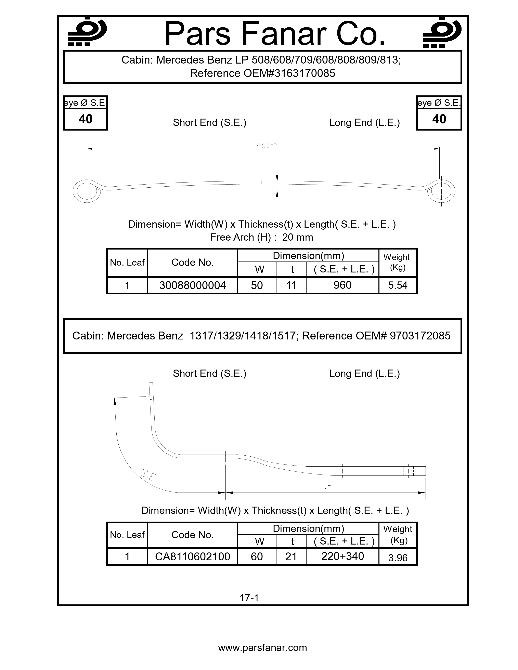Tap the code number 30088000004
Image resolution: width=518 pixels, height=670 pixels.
[x=192, y=285]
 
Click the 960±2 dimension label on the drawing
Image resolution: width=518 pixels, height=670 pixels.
[x=266, y=145]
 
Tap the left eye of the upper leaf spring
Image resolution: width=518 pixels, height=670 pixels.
[x=87, y=191]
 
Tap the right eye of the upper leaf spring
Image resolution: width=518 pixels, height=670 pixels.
[x=441, y=191]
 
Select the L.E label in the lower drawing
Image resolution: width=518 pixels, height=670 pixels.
[x=325, y=486]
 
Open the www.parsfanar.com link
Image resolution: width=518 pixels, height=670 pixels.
[x=262, y=648]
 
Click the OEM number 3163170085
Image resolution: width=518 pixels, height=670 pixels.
[x=303, y=73]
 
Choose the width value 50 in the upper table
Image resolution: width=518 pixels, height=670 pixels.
[x=257, y=285]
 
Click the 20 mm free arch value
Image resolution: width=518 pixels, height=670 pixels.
[x=297, y=237]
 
